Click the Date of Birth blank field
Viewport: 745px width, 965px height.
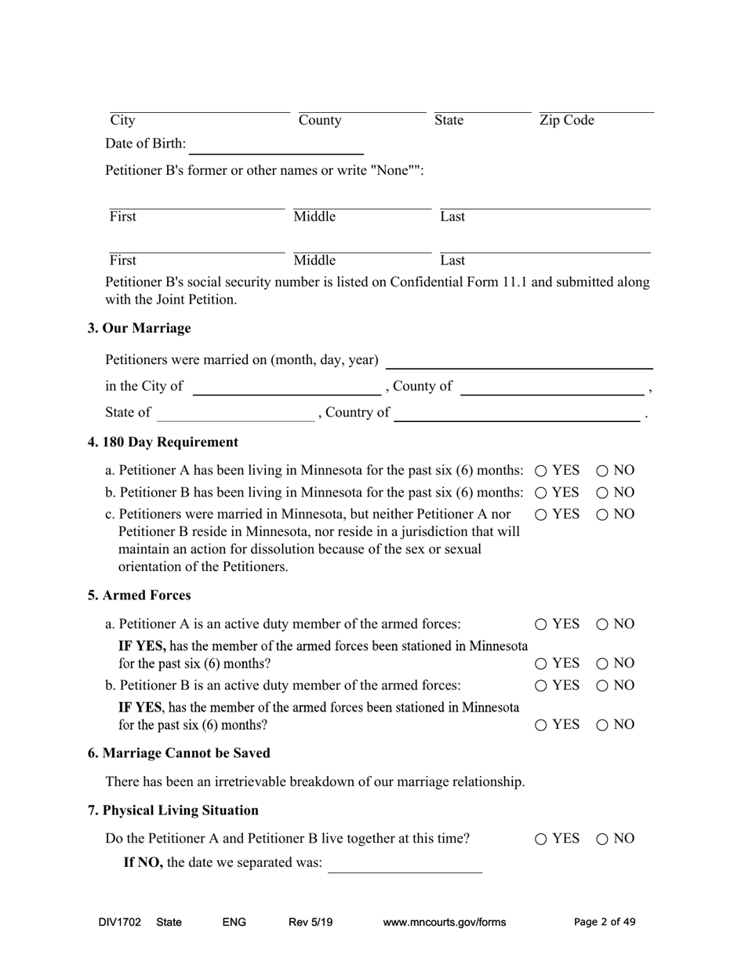pyautogui.click(x=277, y=146)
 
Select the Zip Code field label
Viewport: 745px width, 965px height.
pyautogui.click(x=566, y=120)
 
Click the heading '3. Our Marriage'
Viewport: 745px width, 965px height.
pyautogui.click(x=139, y=328)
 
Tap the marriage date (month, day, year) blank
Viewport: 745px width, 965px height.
pyautogui.click(x=520, y=361)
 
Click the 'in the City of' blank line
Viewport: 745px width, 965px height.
pyautogui.click(x=286, y=388)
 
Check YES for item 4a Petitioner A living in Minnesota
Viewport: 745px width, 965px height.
pyautogui.click(x=541, y=471)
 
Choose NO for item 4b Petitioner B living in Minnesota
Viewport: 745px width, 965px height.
pyautogui.click(x=602, y=493)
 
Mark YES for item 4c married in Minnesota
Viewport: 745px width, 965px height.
pyautogui.click(x=541, y=515)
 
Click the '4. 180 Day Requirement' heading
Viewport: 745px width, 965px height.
pyautogui.click(x=163, y=442)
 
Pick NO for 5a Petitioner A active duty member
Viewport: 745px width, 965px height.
pyautogui.click(x=602, y=625)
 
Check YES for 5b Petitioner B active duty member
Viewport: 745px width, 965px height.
pyautogui.click(x=541, y=686)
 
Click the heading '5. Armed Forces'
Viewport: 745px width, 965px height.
pyautogui.click(x=139, y=595)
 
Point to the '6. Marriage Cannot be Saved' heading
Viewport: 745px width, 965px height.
pyautogui.click(x=179, y=753)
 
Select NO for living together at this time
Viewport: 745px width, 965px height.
pyautogui.click(x=602, y=839)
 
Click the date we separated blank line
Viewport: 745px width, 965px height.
pyautogui.click(x=405, y=865)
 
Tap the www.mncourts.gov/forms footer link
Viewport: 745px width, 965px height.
pyautogui.click(x=444, y=922)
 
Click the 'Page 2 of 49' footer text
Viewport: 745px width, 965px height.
pyautogui.click(x=605, y=922)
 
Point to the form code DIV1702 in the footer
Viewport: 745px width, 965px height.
pyautogui.click(x=120, y=922)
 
